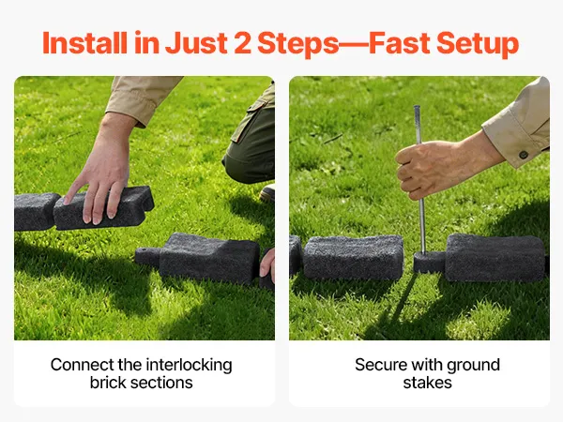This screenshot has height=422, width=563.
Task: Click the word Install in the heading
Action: coord(84,43)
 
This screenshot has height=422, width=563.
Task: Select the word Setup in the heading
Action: coord(478,44)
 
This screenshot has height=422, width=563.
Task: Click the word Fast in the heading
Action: coord(400,43)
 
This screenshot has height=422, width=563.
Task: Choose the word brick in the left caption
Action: coord(107,383)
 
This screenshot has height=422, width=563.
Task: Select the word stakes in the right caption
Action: coord(427,383)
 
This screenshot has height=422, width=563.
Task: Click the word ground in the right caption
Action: coord(473,366)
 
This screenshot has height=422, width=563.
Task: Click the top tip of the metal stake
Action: coord(417,107)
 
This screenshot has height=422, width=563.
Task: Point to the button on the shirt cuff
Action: coord(524,155)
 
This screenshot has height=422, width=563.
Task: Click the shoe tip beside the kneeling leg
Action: coord(267,194)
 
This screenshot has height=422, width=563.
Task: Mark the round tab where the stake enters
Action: coord(427,262)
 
